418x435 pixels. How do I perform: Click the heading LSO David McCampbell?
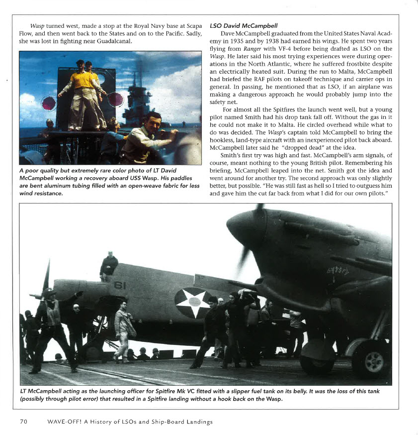[x=244, y=25]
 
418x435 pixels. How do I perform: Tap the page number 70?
[x=23, y=422]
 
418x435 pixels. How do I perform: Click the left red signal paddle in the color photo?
[x=49, y=104]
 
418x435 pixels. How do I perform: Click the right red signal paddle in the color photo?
[x=116, y=99]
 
